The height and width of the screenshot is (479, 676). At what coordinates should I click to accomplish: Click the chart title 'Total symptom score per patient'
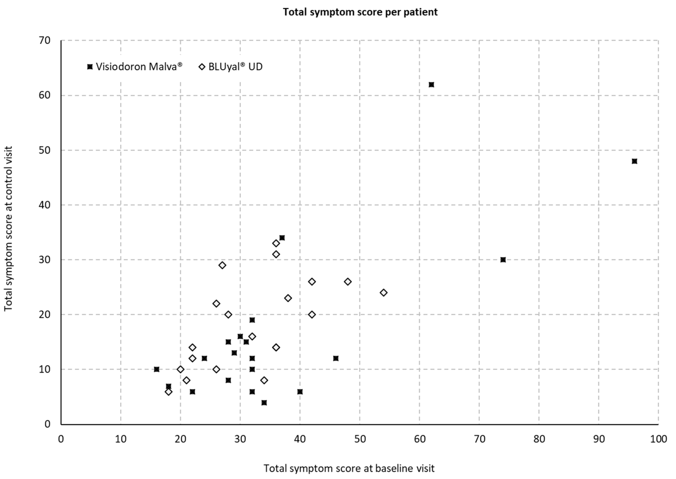point(360,12)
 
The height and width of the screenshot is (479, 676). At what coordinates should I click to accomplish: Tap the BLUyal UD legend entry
point(231,67)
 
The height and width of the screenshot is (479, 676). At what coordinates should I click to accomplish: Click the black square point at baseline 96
point(634,161)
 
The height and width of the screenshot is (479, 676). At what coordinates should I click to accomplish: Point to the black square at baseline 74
point(503,260)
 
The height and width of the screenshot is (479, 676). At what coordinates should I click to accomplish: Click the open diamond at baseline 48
point(348,282)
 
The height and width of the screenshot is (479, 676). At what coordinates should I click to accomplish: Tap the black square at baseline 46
point(336,358)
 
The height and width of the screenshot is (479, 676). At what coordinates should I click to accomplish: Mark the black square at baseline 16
point(157,369)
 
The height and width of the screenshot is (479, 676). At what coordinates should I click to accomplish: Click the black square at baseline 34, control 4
point(264,403)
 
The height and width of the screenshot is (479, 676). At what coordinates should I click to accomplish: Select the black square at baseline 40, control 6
point(300,392)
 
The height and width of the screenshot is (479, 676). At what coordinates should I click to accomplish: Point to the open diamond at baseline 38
point(288,298)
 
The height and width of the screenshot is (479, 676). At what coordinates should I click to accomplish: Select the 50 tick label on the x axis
point(360,439)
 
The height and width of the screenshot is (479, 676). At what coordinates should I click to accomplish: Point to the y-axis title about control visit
point(8,229)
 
